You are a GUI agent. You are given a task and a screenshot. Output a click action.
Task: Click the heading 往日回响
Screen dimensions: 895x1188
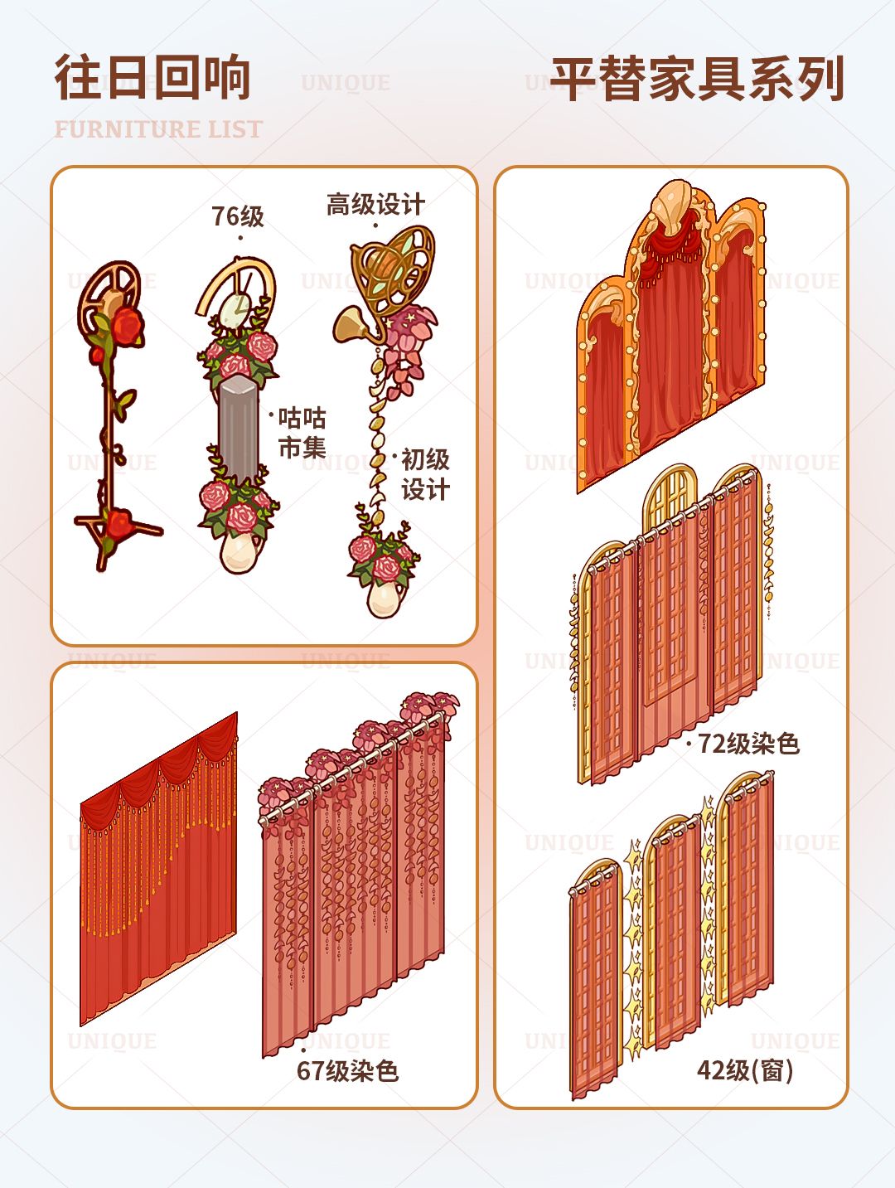click(153, 77)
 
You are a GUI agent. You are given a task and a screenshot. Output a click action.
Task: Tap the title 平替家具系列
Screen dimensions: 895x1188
click(697, 79)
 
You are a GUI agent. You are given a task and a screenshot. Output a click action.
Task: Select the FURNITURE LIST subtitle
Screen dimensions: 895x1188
click(159, 129)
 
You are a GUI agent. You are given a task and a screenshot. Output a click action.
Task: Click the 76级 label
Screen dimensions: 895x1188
click(237, 216)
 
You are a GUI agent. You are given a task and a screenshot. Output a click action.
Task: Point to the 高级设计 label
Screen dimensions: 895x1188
click(375, 204)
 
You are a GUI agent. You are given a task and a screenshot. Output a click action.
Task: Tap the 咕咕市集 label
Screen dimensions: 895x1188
click(302, 433)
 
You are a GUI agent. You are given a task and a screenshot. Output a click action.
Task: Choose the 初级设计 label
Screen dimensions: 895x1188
click(425, 475)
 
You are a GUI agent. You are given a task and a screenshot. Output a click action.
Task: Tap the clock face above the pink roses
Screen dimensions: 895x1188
click(235, 310)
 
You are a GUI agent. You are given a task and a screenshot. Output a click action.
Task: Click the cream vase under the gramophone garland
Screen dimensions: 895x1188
click(385, 598)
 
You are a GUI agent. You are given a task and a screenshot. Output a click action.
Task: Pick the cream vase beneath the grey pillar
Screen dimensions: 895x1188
click(239, 553)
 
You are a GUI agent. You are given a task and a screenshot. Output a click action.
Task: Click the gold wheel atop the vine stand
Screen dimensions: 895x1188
click(109, 289)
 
